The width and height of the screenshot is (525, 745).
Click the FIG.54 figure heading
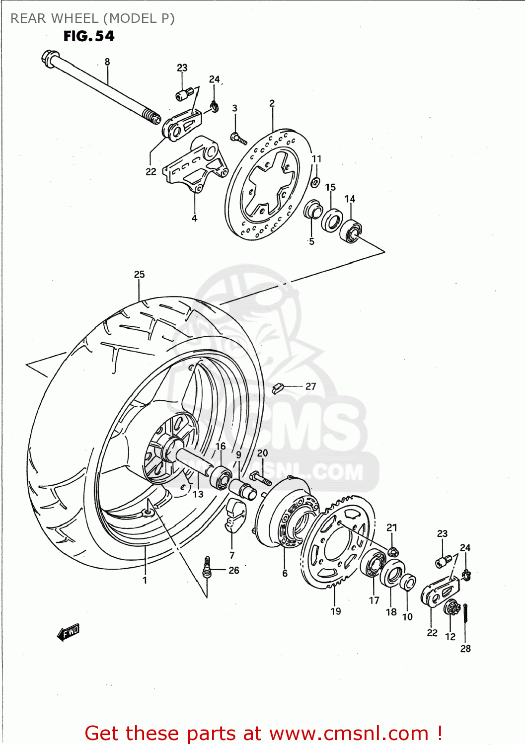click(x=89, y=36)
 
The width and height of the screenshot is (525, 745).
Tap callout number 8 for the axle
click(x=107, y=62)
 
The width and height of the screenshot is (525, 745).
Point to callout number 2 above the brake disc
click(x=272, y=103)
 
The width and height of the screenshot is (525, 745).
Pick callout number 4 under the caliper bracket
click(x=194, y=218)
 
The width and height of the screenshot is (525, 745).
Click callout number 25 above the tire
click(x=139, y=274)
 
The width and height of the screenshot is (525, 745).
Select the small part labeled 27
click(x=278, y=387)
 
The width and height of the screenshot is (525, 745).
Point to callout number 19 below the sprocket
click(x=336, y=611)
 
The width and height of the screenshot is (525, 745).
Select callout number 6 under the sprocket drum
click(x=285, y=573)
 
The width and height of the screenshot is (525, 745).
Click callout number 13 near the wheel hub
click(x=198, y=494)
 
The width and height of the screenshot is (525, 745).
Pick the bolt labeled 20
click(x=261, y=478)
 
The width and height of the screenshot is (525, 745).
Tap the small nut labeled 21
click(x=392, y=551)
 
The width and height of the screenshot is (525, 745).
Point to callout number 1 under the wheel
click(x=145, y=580)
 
